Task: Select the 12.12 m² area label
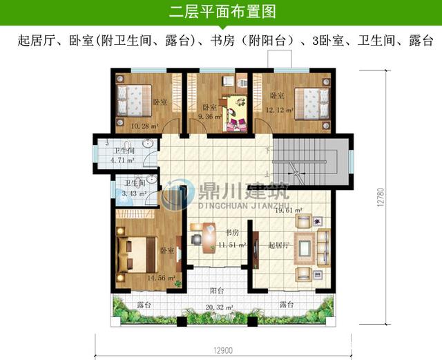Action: (280, 110)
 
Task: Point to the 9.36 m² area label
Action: (209, 117)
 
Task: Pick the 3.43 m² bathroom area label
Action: (134, 194)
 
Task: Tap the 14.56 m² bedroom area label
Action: (160, 277)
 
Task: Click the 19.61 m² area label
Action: (289, 211)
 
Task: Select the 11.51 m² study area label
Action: (231, 245)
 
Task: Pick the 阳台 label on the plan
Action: (216, 291)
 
